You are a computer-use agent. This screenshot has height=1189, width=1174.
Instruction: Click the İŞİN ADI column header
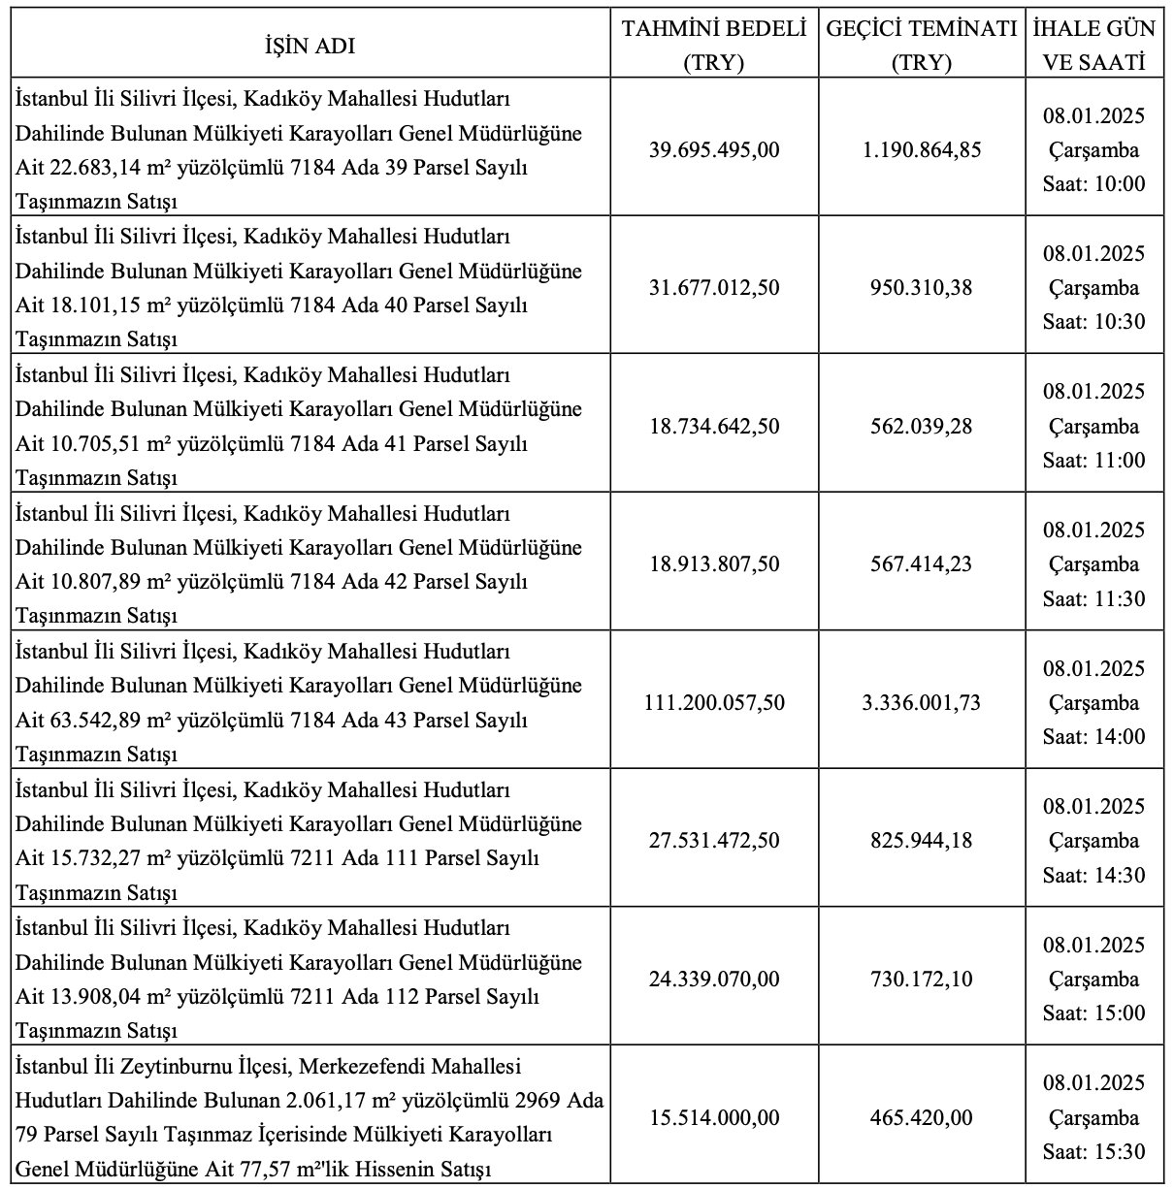pos(310,47)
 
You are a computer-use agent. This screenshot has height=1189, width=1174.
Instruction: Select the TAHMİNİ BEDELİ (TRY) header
pos(714,47)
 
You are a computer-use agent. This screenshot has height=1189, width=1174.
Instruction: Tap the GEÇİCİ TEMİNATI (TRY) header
pos(922,47)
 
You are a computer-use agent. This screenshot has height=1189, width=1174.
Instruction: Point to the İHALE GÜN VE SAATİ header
pos(1094,47)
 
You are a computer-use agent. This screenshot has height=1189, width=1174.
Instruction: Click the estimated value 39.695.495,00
pos(714,150)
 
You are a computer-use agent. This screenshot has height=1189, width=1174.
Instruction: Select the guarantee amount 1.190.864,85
pos(922,150)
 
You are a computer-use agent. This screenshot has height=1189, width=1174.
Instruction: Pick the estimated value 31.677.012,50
pos(714,288)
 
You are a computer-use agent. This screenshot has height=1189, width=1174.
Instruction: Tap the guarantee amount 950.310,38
pos(922,288)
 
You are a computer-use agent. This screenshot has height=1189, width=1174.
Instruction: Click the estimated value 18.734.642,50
pos(714,427)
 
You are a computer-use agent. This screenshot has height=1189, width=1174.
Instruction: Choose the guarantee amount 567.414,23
pos(922,564)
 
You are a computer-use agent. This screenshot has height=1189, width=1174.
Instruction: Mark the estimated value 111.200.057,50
pos(714,702)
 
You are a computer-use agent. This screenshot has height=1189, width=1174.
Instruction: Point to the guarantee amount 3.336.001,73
pos(922,702)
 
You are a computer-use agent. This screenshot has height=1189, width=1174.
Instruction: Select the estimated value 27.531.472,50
pos(714,841)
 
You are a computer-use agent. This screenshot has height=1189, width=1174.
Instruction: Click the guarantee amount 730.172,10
pos(922,980)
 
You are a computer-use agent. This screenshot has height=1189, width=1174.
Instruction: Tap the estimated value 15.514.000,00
pos(714,1118)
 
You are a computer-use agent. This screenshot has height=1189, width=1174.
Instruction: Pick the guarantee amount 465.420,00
pos(922,1118)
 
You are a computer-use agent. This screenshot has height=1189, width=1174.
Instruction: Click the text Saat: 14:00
pos(1094,737)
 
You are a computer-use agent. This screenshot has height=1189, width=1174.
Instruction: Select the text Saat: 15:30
pos(1094,1152)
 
